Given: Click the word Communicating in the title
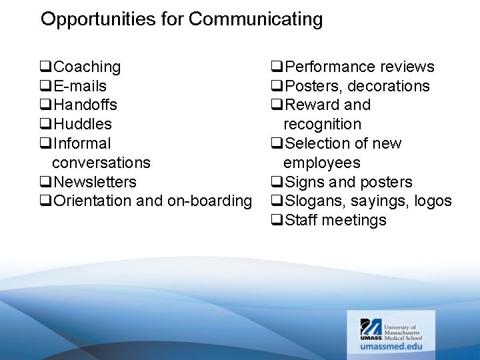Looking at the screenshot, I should click(255, 19).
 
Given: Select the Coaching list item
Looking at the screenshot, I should click(87, 67).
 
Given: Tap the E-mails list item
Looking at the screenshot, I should click(79, 87).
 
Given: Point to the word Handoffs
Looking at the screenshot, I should click(85, 105).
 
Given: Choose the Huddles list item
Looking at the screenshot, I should click(83, 125).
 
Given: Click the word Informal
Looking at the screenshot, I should click(82, 144).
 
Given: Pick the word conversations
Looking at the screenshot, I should click(101, 163).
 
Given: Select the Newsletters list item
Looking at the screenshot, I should click(95, 182).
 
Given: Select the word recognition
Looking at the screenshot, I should click(322, 125).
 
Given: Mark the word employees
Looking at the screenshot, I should click(321, 163).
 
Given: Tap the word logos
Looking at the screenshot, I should click(433, 201).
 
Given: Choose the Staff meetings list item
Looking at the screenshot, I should click(335, 221).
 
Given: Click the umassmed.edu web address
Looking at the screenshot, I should click(391, 347).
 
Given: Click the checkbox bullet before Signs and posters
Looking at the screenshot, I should click(277, 182).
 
